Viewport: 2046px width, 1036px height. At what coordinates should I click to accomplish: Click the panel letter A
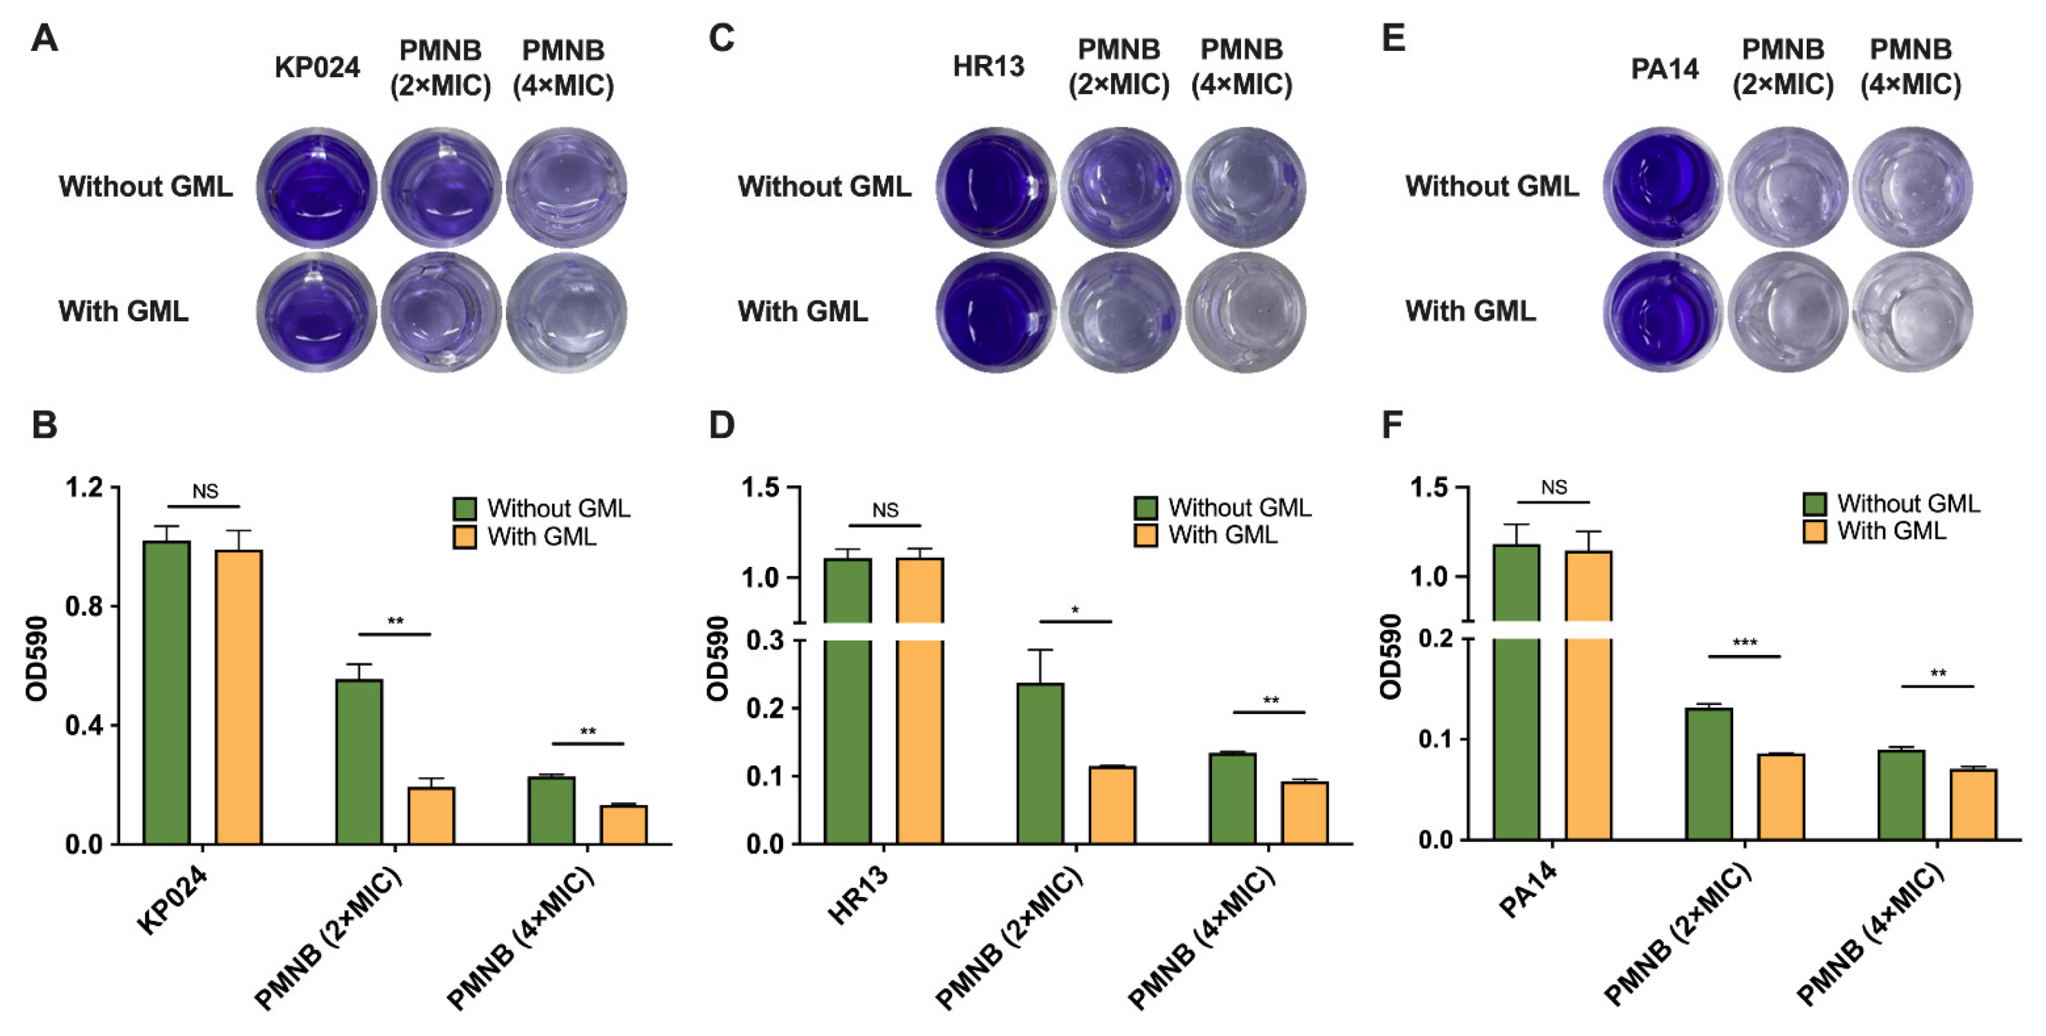click(x=45, y=38)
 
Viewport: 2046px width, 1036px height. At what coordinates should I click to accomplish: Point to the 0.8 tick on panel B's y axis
click(x=84, y=606)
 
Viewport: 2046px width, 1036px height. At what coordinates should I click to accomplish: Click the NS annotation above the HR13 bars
click(x=885, y=510)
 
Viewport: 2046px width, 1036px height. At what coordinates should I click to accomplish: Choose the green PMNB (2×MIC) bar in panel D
click(x=1039, y=763)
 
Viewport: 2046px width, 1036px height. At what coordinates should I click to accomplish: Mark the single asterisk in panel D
click(x=1075, y=610)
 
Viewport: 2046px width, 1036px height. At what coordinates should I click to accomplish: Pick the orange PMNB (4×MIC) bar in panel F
click(x=1974, y=804)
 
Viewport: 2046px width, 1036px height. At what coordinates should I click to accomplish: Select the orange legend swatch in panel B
click(x=464, y=537)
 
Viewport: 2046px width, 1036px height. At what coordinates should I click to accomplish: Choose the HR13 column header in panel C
click(x=988, y=67)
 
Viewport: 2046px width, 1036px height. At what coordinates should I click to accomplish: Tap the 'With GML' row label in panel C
click(x=802, y=312)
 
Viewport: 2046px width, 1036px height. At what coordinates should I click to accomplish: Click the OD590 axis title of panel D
click(x=718, y=658)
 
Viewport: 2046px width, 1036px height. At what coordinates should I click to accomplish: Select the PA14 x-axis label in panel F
click(x=1529, y=889)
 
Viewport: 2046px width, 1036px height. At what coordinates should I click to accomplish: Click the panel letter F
click(x=1391, y=425)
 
